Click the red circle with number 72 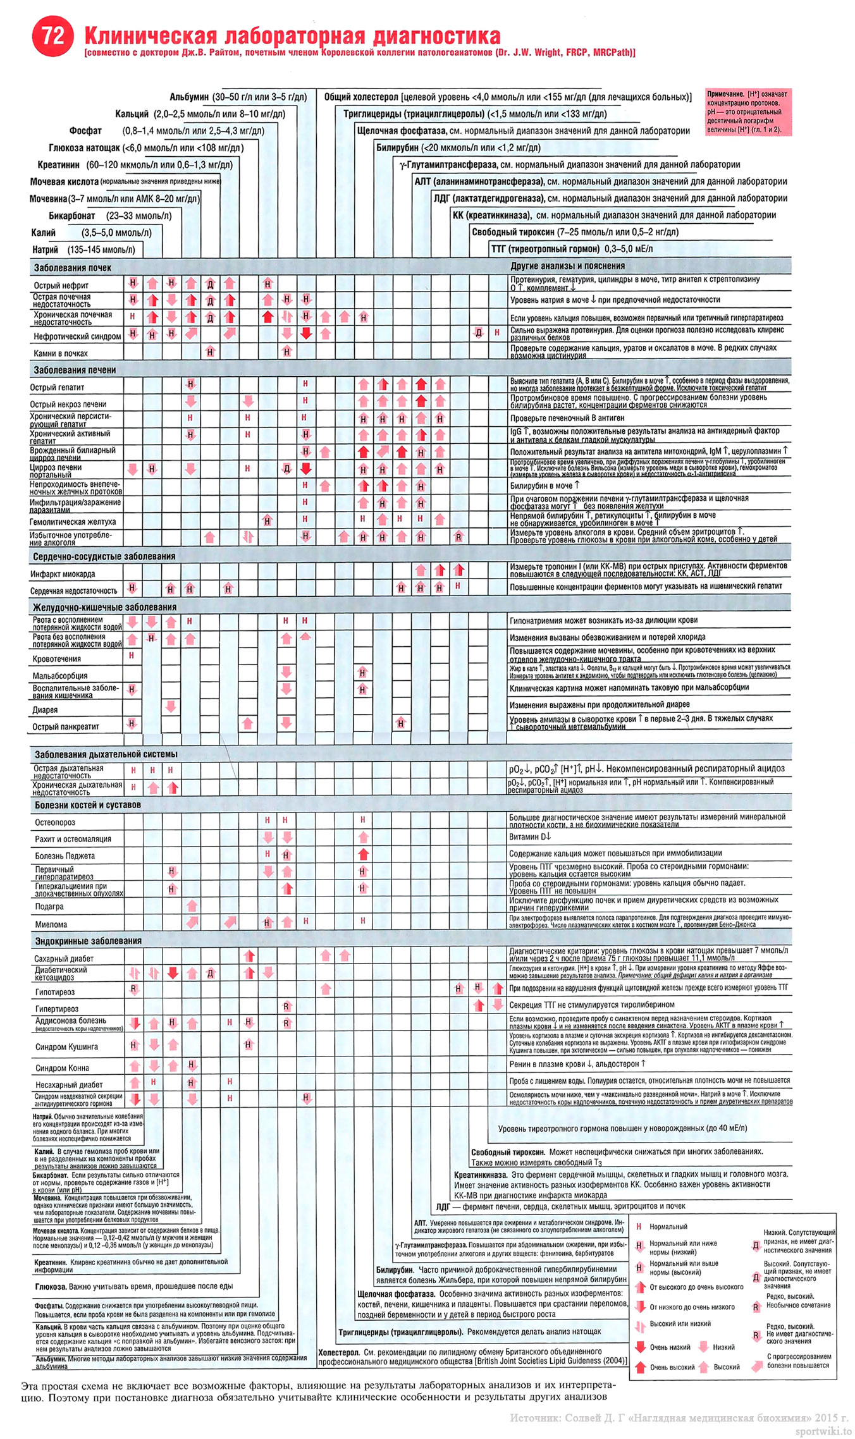pyautogui.click(x=52, y=37)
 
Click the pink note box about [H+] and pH pyautogui.click(x=747, y=112)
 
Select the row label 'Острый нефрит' pyautogui.click(x=61, y=285)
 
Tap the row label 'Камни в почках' pyautogui.click(x=61, y=353)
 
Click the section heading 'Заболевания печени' pyautogui.click(x=75, y=370)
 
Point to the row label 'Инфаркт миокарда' pyautogui.click(x=63, y=574)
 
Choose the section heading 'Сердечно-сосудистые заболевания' pyautogui.click(x=104, y=556)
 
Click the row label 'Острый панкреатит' pyautogui.click(x=66, y=726)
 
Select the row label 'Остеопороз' pyautogui.click(x=55, y=823)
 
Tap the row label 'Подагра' pyautogui.click(x=49, y=907)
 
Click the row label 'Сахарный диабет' pyautogui.click(x=65, y=958)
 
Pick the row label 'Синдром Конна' pyautogui.click(x=62, y=1068)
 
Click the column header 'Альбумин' pyautogui.click(x=189, y=97)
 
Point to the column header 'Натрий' pyautogui.click(x=46, y=250)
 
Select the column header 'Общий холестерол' pyautogui.click(x=360, y=97)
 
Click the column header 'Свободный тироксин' pyautogui.click(x=513, y=232)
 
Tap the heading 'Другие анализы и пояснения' pyautogui.click(x=567, y=266)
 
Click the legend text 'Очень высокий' pyautogui.click(x=672, y=1368)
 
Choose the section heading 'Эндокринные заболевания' pyautogui.click(x=88, y=941)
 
